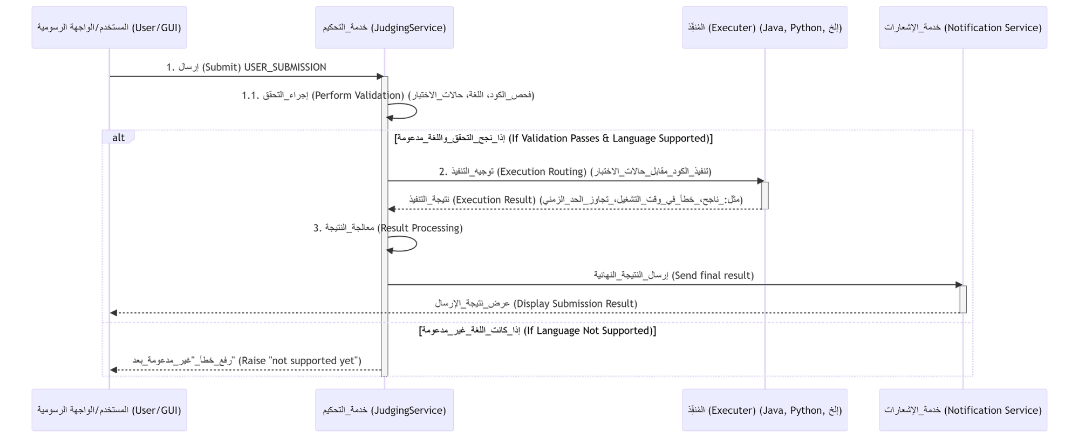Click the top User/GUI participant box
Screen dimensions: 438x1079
pos(109,28)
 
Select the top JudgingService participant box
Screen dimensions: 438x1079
pos(385,28)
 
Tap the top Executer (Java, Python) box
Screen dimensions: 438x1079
pos(764,28)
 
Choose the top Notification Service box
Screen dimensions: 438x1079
pos(963,28)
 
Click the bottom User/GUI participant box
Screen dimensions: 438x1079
pos(109,410)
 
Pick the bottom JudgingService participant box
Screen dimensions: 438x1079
pos(385,410)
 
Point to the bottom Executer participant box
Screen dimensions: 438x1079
pos(764,410)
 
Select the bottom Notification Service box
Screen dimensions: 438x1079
pos(963,410)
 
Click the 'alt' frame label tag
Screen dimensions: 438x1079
pos(118,138)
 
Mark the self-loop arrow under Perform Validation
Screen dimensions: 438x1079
pos(410,112)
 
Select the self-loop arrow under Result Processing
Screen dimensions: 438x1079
pos(410,245)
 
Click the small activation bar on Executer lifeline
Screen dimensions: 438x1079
pos(764,195)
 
